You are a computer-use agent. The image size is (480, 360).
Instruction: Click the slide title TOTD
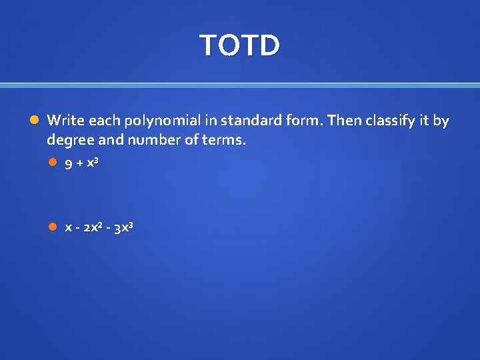pos(240,45)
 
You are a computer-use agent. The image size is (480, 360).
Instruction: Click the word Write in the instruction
pos(64,121)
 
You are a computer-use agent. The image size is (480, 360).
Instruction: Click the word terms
pos(224,141)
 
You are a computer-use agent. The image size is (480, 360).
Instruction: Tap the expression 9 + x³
pos(81,165)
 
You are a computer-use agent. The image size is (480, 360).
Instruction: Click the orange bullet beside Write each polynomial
pos(35,121)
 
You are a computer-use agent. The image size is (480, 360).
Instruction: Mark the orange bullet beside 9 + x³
pos(53,165)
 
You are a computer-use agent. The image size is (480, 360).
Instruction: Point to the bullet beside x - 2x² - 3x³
pos(53,227)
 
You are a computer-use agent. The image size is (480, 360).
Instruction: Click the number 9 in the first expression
pos(69,165)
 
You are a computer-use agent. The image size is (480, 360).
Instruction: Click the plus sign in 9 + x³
pos(81,165)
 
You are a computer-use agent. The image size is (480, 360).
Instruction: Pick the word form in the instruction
pos(297,121)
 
